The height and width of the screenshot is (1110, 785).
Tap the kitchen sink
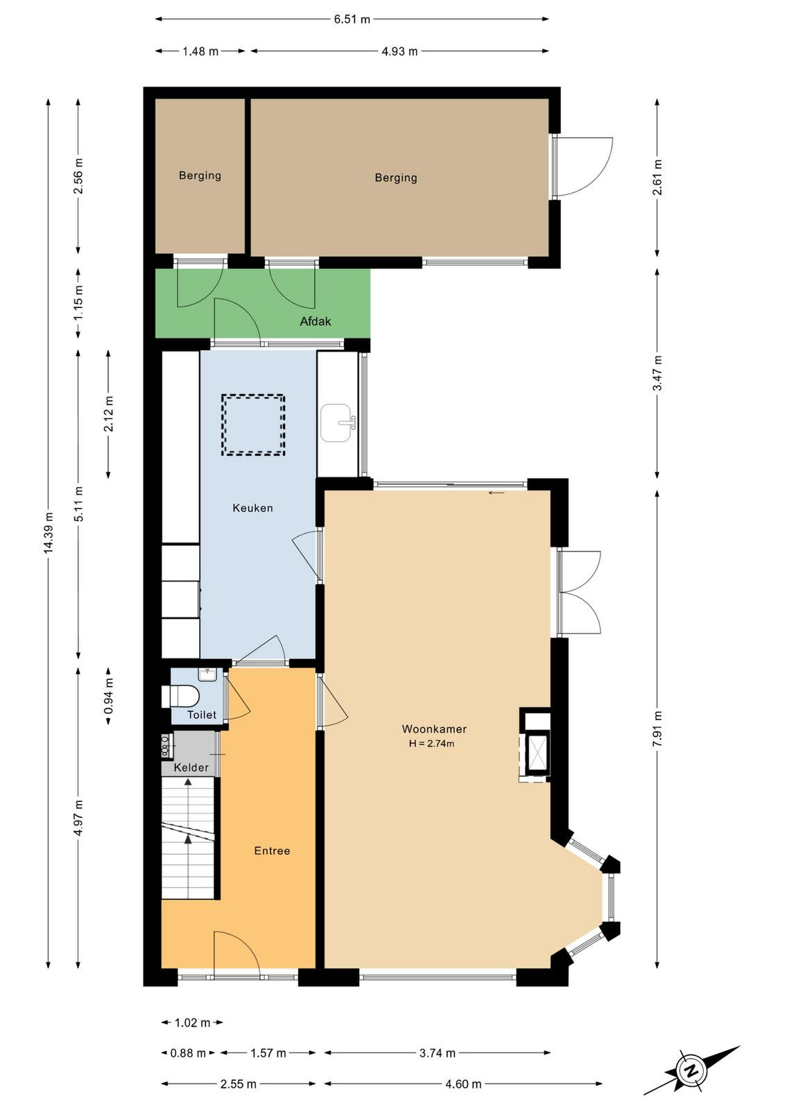click(x=337, y=422)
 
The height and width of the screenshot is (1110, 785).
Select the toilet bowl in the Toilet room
click(x=180, y=697)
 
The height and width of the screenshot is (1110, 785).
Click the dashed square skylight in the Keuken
click(x=253, y=425)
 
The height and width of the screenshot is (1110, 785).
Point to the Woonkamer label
click(x=434, y=729)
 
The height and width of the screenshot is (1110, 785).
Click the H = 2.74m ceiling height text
click(x=431, y=743)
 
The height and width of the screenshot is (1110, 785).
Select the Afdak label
click(x=316, y=321)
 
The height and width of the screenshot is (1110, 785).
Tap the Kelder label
click(x=191, y=767)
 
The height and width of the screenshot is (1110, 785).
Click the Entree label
click(x=272, y=851)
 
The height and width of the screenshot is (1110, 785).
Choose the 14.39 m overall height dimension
click(x=48, y=533)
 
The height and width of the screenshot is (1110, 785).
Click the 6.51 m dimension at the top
click(x=352, y=20)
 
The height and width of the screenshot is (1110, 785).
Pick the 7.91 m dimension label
click(x=657, y=728)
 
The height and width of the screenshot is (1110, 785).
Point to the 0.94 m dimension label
click(x=108, y=697)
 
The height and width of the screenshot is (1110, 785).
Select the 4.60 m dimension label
click(x=463, y=1084)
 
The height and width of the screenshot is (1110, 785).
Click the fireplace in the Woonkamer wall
click(x=535, y=745)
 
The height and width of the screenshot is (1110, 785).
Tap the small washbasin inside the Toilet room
click(x=207, y=674)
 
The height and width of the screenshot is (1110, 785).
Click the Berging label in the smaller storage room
click(x=200, y=176)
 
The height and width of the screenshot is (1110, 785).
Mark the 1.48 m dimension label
click(x=200, y=51)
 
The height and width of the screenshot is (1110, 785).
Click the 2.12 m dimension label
click(x=108, y=413)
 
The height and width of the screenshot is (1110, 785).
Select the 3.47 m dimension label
click(x=657, y=373)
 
